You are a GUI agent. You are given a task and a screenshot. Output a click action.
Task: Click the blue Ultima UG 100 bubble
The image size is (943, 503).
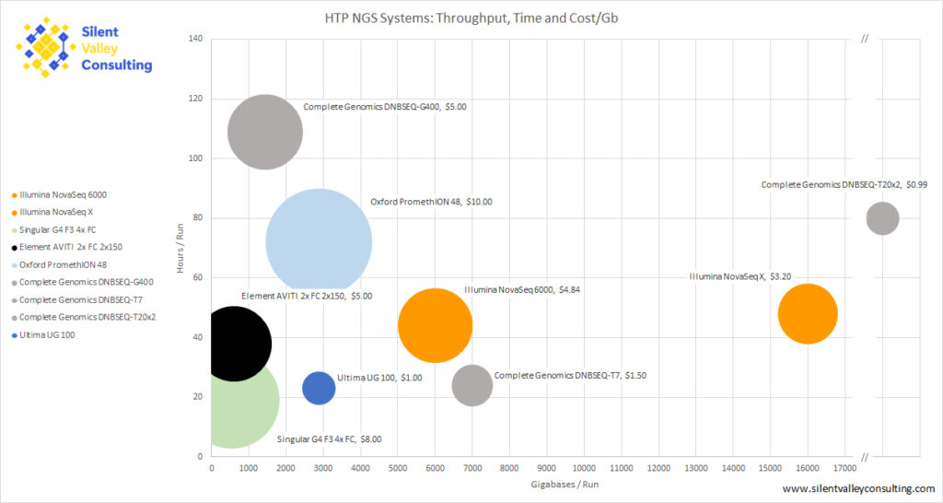point(319,387)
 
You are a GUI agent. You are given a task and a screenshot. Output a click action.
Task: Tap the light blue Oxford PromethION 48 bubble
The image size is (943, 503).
point(319,243)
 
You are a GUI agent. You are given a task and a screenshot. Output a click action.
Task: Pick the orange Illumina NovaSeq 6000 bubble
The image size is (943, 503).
point(435,325)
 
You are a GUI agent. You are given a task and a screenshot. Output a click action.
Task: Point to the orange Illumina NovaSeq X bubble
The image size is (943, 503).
point(808,313)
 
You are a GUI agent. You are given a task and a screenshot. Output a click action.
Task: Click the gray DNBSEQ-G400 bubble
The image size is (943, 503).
point(264,132)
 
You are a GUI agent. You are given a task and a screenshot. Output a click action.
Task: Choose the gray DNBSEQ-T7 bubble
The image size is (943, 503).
point(472,385)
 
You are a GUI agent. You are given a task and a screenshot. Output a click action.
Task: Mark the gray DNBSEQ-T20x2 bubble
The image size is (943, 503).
point(882,219)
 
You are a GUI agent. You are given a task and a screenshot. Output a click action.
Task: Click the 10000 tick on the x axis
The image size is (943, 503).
point(584,468)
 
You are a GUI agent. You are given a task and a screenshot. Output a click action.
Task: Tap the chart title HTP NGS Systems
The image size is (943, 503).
point(471,18)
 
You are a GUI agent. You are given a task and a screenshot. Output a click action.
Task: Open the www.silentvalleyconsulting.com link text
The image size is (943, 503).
point(858,488)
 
